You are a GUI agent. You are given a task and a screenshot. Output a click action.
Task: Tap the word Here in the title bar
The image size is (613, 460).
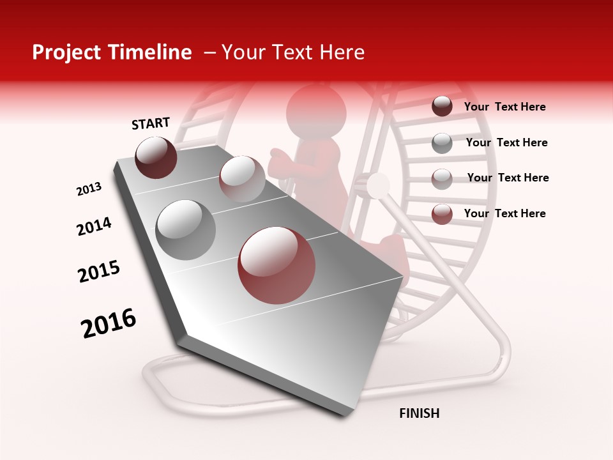coord(342,52)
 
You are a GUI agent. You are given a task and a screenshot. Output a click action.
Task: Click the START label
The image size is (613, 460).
coord(151,123)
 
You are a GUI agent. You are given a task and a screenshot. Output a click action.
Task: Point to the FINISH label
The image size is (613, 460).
coord(419,413)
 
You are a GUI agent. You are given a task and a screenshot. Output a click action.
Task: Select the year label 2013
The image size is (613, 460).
coord(89,189)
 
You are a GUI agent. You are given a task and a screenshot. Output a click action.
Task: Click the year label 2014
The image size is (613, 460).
coord(94,227)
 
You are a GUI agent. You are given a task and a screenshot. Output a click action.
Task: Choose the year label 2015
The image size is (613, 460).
coord(98,272)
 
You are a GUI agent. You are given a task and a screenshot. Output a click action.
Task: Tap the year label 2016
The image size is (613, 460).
coord(109,323)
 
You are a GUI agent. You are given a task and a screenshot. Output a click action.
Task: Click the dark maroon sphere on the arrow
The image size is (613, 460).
coord(156,157)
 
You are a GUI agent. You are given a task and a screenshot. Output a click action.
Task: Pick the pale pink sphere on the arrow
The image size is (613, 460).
coord(242,179)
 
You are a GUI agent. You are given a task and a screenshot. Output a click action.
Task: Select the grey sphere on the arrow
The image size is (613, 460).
coord(186,230)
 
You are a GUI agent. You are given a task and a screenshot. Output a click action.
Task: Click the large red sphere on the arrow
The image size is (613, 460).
coord(276,265)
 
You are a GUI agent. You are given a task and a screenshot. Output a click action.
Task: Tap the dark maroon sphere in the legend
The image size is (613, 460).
coord(442,107)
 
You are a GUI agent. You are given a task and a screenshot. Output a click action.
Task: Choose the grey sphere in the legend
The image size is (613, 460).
coord(442,143)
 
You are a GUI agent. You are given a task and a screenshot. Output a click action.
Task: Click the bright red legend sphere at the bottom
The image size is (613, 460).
coord(442,214)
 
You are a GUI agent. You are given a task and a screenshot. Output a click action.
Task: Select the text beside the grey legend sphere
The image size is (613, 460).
coord(506,142)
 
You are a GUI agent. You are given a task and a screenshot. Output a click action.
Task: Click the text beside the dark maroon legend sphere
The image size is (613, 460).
coord(504,107)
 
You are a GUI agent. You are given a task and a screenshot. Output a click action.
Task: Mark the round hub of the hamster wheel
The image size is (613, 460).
coord(378,185)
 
